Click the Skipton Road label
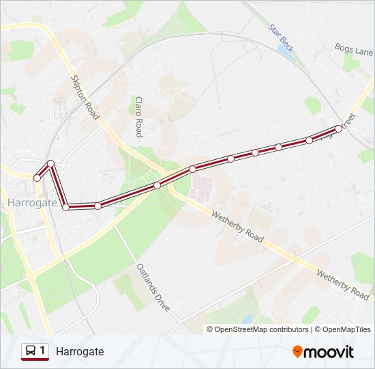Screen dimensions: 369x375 pos(85,97)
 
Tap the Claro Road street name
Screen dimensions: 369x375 pos(138,116)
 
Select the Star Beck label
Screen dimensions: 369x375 pos(281,39)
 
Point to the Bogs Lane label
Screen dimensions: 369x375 pos(354,49)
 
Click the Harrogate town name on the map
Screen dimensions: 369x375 pos(33,204)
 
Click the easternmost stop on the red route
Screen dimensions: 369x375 pos(338,128)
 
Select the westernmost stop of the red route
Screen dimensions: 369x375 pos(37,178)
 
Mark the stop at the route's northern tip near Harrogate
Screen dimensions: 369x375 pos(50,163)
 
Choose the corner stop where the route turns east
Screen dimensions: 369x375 pos(66,207)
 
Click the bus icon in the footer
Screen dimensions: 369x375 pos(31,351)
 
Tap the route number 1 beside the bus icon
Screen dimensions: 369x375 pos(42,351)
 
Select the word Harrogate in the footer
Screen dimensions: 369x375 pos(80,351)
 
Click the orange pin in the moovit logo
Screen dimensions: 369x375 pos(297,352)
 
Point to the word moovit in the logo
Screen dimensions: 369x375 pos(329,352)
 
